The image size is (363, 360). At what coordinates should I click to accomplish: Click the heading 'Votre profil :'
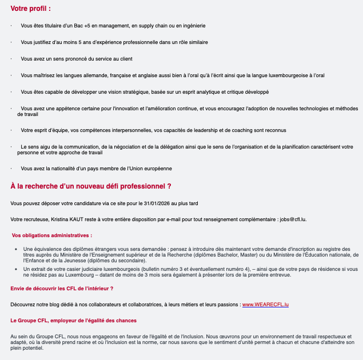(30, 9)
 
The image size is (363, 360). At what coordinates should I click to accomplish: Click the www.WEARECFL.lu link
(265, 305)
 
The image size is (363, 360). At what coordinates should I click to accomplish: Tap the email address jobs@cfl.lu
(293, 219)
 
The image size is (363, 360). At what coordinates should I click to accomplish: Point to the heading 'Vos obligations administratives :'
(52, 235)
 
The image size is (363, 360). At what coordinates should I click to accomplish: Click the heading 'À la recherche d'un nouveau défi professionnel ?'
(91, 186)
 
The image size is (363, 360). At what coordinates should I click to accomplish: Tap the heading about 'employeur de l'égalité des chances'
(74, 321)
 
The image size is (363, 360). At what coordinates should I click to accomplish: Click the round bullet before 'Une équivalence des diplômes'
(15, 249)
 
